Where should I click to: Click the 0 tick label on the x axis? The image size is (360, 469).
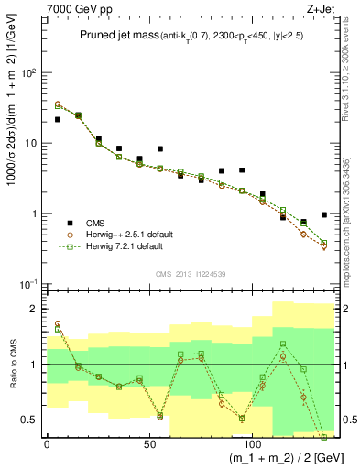47,442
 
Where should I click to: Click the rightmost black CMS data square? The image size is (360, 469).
324,215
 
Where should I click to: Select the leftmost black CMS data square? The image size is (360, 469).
58,119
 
